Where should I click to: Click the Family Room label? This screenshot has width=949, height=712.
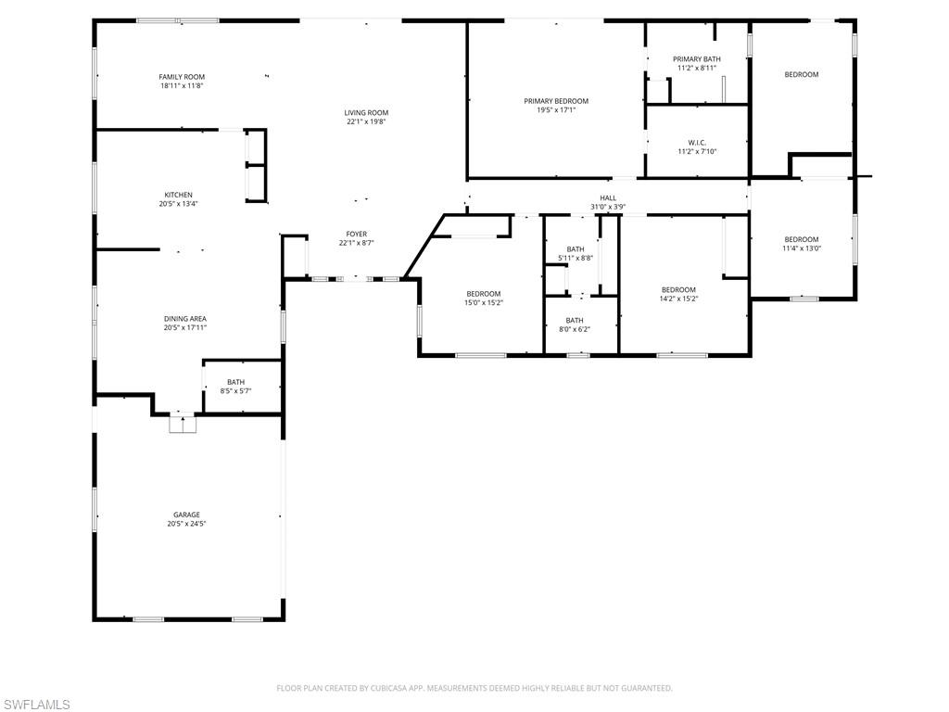182,77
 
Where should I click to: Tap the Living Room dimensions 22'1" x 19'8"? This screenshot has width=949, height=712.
366,121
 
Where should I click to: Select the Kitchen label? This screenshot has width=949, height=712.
179,195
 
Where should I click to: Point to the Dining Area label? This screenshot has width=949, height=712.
185,319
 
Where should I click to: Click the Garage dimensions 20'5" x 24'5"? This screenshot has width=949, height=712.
186,524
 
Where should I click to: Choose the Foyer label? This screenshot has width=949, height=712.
357,235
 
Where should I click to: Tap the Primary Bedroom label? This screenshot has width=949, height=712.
556,101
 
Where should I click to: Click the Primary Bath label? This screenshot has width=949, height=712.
697,59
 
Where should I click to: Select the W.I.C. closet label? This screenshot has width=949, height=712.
697,143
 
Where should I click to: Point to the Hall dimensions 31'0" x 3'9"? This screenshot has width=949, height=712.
608,207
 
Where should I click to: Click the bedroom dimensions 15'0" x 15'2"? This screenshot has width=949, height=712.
484,303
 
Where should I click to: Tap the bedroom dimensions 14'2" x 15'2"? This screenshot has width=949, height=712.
678,299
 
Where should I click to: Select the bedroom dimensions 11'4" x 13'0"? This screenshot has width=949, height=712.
802,248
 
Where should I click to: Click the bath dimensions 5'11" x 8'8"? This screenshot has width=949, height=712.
576,258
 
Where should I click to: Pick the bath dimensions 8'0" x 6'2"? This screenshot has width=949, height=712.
575,329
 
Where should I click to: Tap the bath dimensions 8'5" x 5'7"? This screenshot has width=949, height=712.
235,391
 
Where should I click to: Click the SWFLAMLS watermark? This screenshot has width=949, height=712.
35,705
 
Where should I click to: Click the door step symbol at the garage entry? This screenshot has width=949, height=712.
183,423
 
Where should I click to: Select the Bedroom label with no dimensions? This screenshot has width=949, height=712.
802,74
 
